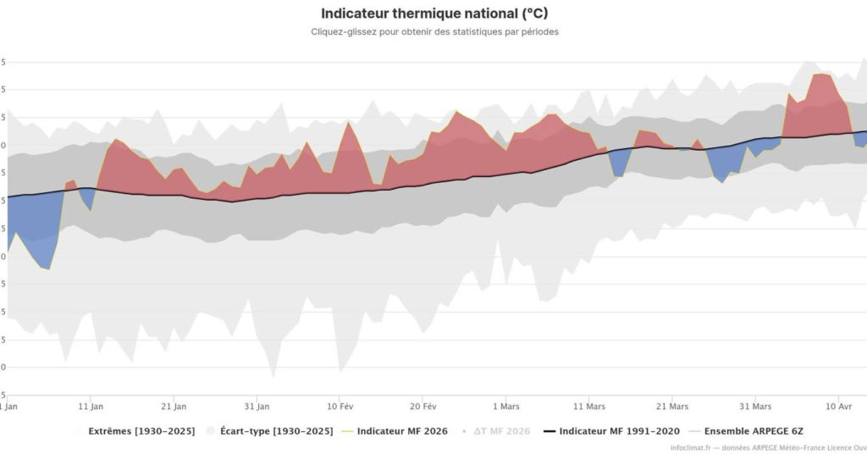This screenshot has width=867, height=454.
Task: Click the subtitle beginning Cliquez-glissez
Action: point(433,32)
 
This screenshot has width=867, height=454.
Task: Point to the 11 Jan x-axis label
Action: point(91,405)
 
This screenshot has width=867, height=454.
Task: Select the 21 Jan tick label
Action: point(174,405)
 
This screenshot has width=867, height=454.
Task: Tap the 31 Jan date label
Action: point(257,405)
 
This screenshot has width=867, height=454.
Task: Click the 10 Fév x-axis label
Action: point(340,405)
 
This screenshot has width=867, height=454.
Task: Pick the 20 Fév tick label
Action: point(422,405)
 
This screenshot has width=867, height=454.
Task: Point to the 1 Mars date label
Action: point(505,405)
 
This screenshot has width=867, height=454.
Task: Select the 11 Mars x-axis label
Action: point(588,405)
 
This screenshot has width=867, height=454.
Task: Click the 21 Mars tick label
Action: point(671,405)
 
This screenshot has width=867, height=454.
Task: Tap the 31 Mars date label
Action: point(754,405)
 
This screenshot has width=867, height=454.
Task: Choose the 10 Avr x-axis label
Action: point(838,405)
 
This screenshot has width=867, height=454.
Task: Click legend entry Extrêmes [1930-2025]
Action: point(140,431)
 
